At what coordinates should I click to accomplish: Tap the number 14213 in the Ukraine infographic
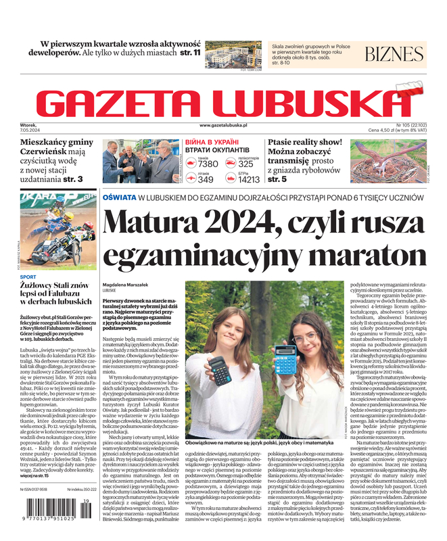pyautogui.click(x=249, y=179)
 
